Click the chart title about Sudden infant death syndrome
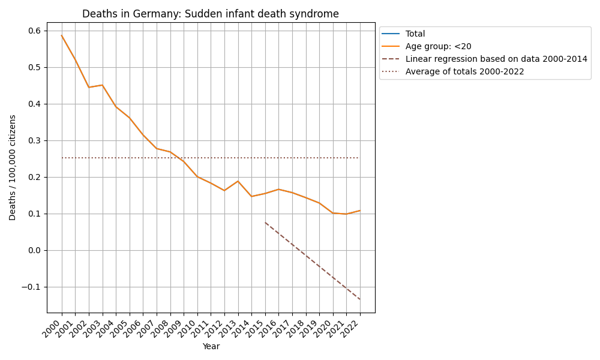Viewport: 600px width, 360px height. point(210,14)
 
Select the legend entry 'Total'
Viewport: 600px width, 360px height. point(415,34)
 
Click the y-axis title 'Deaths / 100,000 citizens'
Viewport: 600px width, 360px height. point(13,167)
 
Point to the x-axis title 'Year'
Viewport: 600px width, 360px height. point(211,346)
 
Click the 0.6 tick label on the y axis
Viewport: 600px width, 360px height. point(34,31)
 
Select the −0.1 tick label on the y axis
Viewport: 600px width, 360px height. point(30,287)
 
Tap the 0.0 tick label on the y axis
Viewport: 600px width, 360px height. point(34,250)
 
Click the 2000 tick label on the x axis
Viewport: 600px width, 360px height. point(53,329)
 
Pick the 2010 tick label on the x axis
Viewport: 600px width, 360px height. point(189,329)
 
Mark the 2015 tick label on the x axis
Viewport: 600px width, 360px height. point(257,329)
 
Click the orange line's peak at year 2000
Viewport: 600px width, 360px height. point(61,35)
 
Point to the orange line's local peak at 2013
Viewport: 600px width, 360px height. point(238,181)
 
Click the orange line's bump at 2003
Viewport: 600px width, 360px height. point(102,85)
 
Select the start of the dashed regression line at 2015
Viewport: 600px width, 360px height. point(265,223)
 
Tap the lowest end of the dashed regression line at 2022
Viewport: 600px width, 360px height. point(360,299)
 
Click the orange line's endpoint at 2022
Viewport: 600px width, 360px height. point(360,211)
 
